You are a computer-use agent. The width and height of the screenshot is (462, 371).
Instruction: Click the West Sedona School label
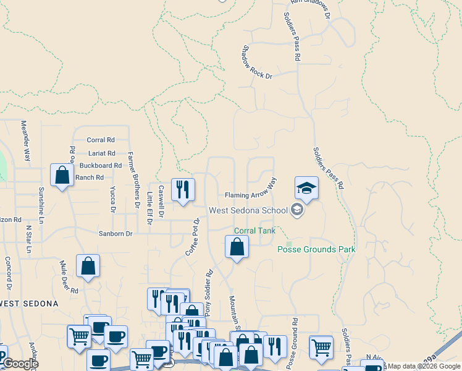click(248, 210)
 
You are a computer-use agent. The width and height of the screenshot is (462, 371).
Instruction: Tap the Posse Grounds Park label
click(316, 249)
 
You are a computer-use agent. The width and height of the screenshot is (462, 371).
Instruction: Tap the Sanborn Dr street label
click(115, 234)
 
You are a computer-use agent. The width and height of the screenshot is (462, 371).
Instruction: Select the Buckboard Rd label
click(101, 166)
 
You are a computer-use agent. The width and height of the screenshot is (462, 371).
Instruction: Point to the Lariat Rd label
click(102, 153)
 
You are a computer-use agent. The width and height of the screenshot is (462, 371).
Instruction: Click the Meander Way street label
click(26, 140)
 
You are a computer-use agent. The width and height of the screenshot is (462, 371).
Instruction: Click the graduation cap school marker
click(306, 188)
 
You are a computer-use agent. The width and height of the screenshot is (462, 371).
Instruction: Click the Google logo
click(20, 364)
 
